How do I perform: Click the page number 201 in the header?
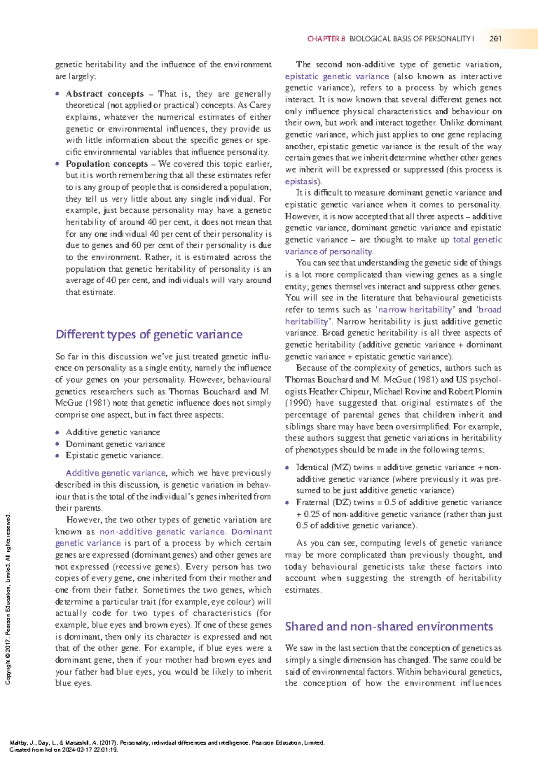click(495, 39)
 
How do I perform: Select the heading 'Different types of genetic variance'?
click(149, 334)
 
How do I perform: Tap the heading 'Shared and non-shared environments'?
click(389, 626)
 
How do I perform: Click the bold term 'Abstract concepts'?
click(104, 94)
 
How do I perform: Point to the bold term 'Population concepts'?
click(107, 164)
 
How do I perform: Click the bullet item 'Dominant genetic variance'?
click(115, 444)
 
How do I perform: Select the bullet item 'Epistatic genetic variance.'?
click(114, 455)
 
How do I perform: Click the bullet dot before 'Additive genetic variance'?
click(57, 433)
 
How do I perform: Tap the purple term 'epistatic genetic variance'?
click(337, 76)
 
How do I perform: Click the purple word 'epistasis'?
click(301, 182)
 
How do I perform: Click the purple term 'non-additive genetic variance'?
click(162, 532)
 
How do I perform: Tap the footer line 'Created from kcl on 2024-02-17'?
click(64, 750)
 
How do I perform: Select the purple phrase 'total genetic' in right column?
click(477, 239)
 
